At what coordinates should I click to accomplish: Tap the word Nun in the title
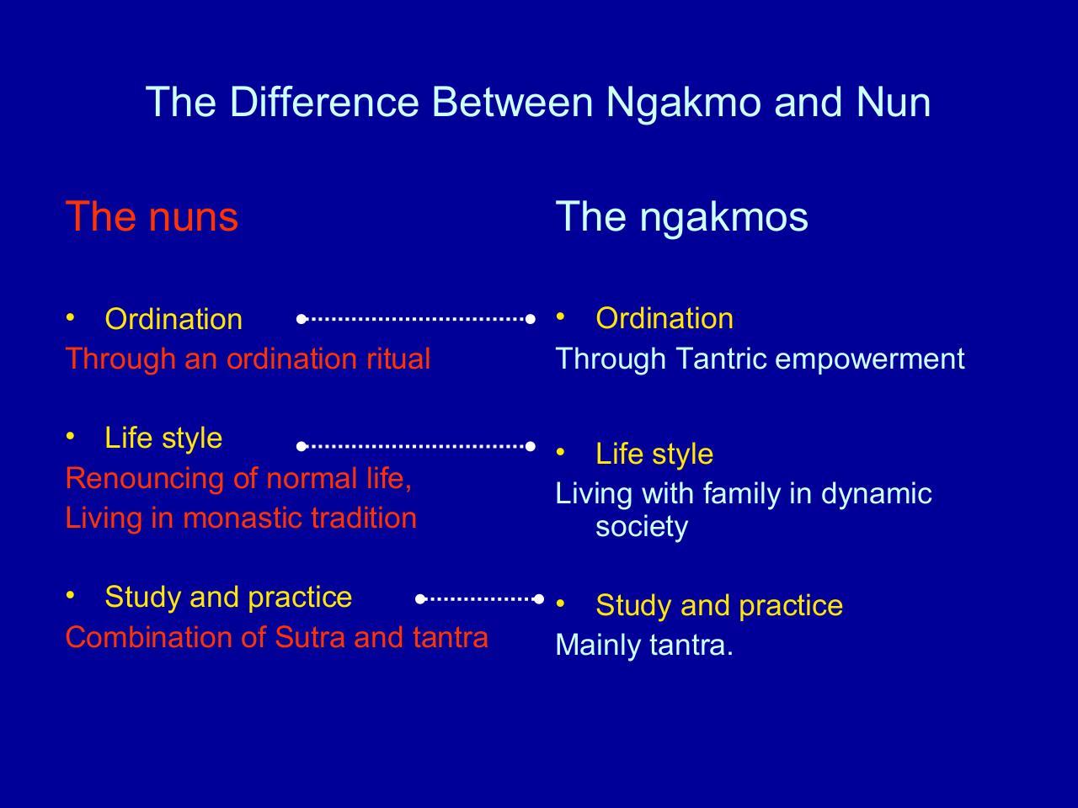(x=894, y=102)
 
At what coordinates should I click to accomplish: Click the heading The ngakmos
(x=681, y=218)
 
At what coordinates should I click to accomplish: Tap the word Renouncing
(x=146, y=480)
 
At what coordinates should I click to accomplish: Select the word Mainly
(x=598, y=646)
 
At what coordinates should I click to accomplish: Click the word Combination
(x=149, y=637)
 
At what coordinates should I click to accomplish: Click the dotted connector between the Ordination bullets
(x=416, y=319)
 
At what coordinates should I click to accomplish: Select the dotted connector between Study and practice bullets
(x=479, y=599)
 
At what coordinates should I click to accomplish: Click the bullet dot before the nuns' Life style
(x=70, y=436)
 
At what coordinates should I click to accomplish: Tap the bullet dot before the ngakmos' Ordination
(x=560, y=316)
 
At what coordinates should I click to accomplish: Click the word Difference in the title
(x=324, y=102)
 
